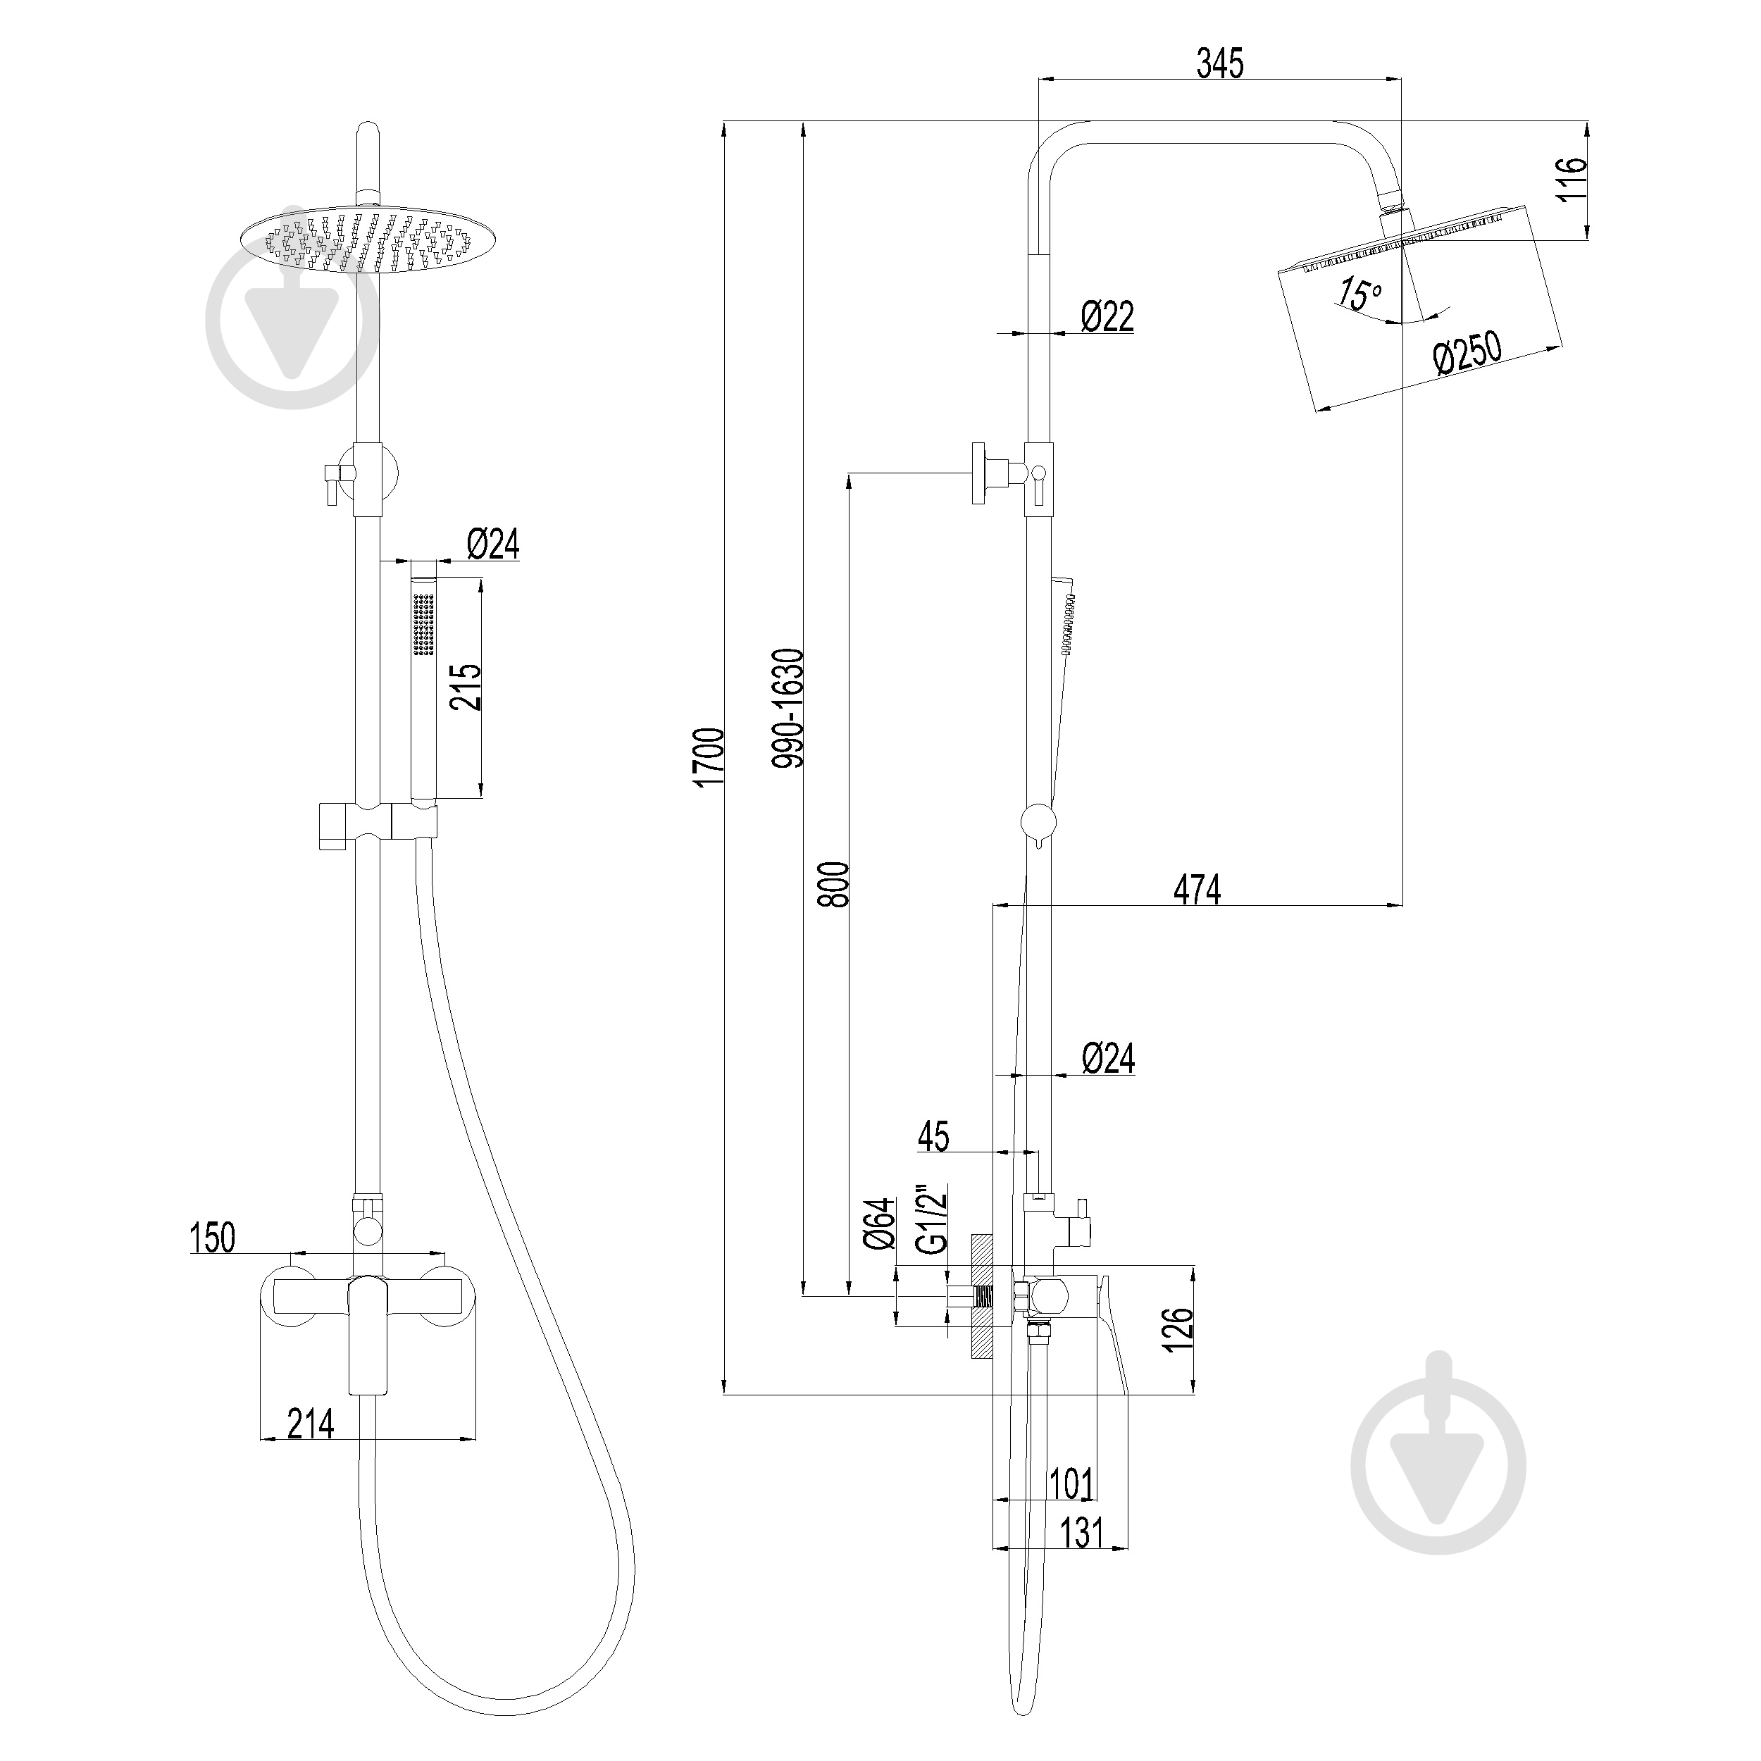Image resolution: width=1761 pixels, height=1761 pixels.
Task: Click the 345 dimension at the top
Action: pos(1219,64)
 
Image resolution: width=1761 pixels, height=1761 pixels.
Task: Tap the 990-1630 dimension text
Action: pos(788,708)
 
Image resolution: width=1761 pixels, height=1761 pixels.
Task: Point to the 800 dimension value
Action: pos(834,883)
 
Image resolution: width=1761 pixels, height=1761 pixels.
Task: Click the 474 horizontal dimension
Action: pos(1196,889)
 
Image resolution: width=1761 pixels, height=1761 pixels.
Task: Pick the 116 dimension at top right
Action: pos(1573,180)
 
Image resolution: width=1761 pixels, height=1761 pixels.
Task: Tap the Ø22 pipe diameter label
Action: pos(1107,316)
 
